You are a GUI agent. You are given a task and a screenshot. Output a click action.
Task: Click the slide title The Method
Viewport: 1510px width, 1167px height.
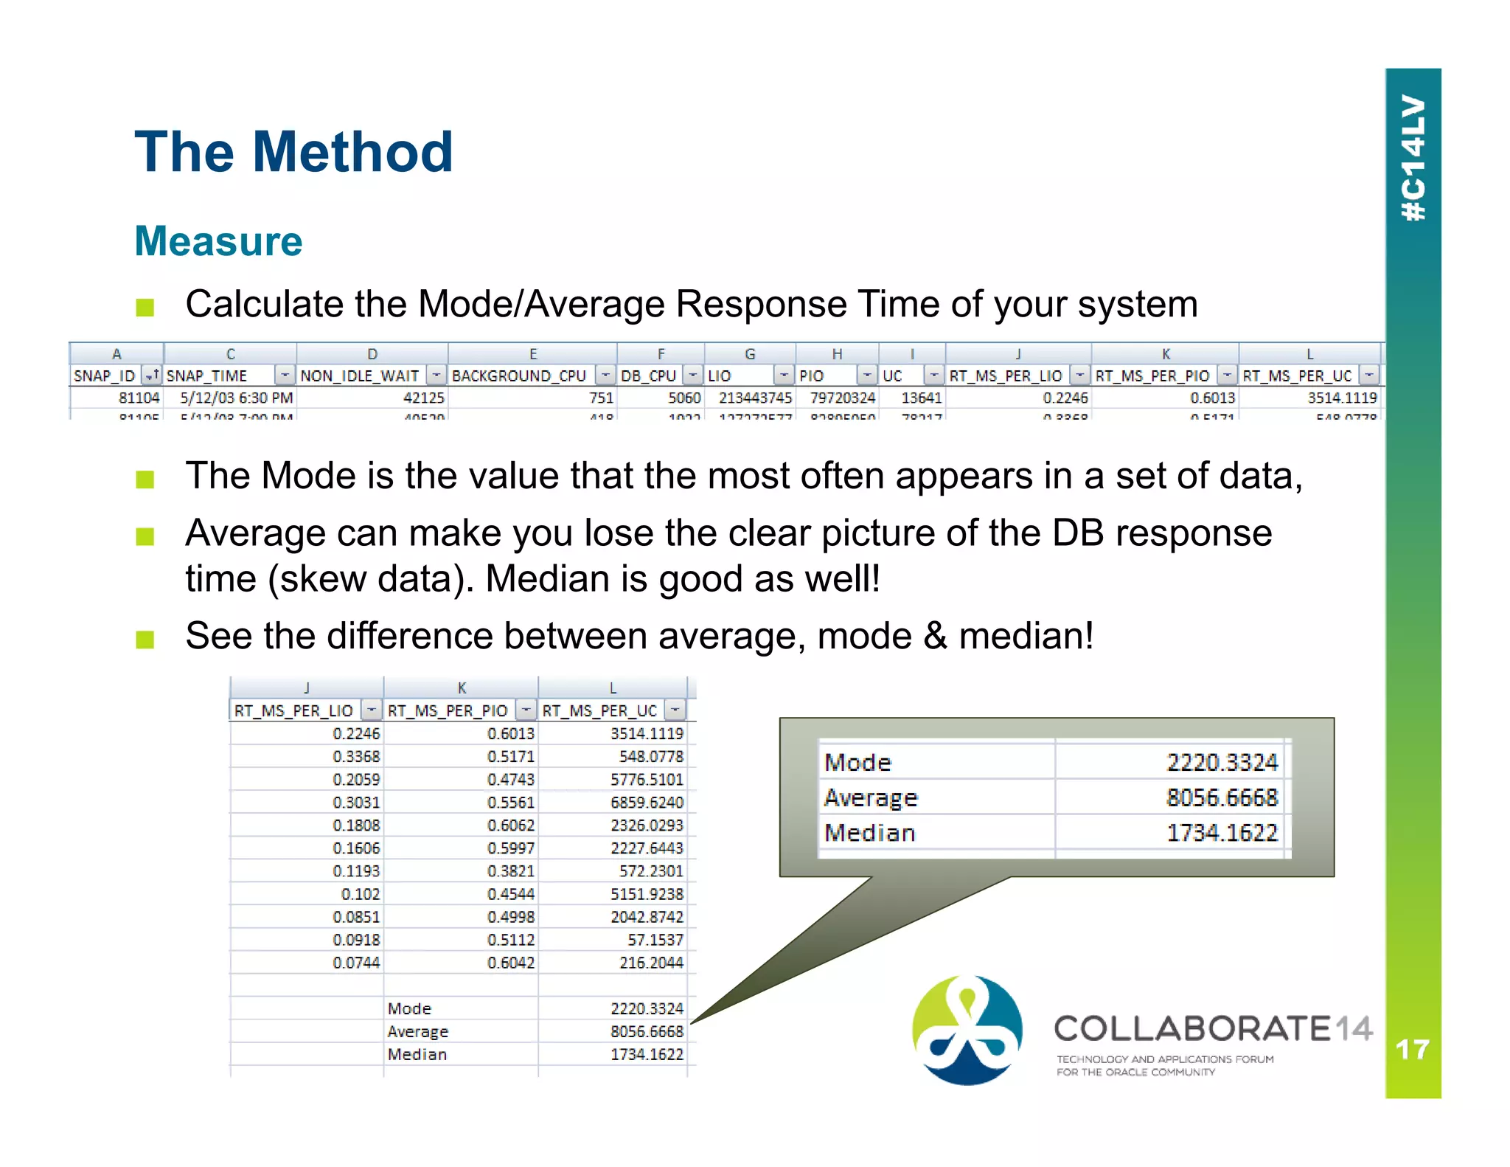(293, 152)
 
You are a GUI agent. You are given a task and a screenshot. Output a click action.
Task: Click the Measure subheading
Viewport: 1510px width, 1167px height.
(218, 241)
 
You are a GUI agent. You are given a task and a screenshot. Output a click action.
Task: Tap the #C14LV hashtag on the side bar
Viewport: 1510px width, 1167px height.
(1413, 158)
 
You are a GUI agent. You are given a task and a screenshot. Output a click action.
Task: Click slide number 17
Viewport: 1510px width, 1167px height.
(1412, 1049)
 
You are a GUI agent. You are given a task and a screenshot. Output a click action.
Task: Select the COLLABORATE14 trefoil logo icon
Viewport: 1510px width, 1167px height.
(967, 1030)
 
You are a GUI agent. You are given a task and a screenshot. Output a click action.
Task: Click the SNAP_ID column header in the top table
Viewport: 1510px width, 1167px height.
(105, 375)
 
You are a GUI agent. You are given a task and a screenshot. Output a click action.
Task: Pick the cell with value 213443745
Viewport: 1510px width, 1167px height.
(755, 398)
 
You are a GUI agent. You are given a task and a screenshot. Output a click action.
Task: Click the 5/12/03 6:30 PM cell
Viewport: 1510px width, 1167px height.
(236, 398)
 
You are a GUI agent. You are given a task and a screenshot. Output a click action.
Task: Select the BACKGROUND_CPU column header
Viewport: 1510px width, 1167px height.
(519, 375)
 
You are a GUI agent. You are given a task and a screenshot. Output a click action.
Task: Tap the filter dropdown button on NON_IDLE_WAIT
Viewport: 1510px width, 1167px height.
(436, 375)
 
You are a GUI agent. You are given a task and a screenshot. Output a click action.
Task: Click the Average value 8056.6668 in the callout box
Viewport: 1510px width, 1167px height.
(1222, 797)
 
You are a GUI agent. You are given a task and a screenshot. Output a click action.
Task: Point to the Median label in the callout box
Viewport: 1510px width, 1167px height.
(870, 833)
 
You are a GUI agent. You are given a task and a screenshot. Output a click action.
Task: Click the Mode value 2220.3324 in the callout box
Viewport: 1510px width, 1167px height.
(1222, 762)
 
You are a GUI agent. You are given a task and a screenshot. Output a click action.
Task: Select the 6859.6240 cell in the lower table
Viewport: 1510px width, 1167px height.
(647, 802)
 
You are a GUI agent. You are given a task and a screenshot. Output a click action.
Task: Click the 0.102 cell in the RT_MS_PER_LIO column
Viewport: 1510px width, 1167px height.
(360, 894)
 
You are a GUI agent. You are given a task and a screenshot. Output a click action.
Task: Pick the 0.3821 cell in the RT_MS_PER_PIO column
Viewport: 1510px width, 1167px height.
(510, 871)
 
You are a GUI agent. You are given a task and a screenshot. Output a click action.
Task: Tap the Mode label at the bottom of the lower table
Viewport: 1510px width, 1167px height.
(409, 1008)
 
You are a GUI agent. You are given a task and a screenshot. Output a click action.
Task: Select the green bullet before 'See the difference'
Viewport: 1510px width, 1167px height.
(145, 639)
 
